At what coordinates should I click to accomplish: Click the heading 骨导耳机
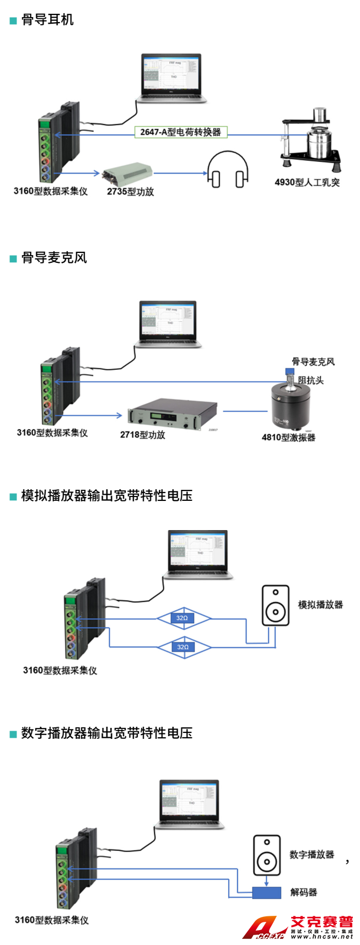coord(47,20)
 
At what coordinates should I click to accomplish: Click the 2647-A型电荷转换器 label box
coord(180,132)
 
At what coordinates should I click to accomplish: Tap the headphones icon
coord(227,170)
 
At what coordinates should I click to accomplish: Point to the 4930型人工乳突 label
coord(307,182)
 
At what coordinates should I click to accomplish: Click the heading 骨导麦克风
coord(53,258)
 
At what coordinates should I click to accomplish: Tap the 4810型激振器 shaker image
coord(290,405)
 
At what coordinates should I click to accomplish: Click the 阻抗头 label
coord(311,380)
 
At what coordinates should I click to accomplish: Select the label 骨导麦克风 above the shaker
coord(313,361)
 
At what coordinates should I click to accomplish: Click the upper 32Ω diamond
coord(183,618)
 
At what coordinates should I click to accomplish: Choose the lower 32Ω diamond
coord(183,647)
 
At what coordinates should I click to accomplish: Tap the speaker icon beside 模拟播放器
coord(275,605)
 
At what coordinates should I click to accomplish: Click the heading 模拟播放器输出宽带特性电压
coord(106,495)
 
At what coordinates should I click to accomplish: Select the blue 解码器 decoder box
coord(266,892)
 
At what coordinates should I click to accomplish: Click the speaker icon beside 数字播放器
coord(267,855)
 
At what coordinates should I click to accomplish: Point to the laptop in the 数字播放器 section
coord(190,804)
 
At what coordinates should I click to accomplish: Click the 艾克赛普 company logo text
coord(321,922)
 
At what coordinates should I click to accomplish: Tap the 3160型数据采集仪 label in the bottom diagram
coord(52,920)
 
